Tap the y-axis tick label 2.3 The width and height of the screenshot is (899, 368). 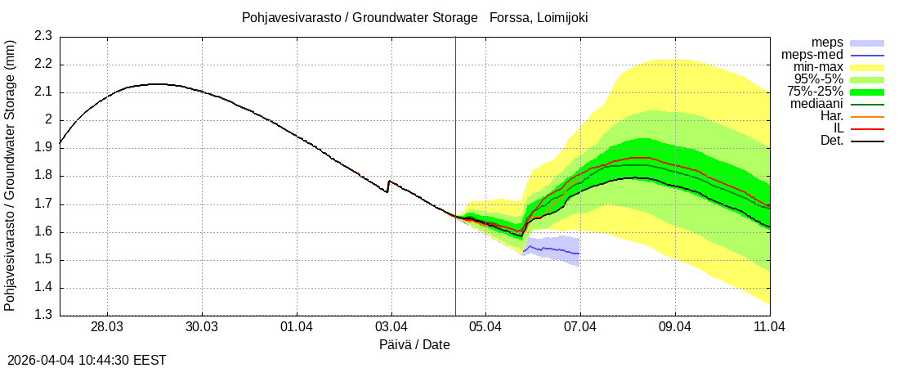[43, 36]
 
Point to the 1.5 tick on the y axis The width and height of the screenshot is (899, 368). [43, 260]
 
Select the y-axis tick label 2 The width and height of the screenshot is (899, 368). [48, 120]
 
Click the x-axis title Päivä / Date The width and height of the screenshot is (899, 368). [414, 345]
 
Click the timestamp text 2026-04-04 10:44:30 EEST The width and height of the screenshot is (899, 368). [87, 360]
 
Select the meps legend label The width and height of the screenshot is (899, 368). [827, 43]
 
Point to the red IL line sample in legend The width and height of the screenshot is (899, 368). [867, 128]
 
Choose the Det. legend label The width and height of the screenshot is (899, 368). [831, 141]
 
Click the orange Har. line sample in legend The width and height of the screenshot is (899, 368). [867, 116]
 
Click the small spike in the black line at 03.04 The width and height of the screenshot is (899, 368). [389, 182]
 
